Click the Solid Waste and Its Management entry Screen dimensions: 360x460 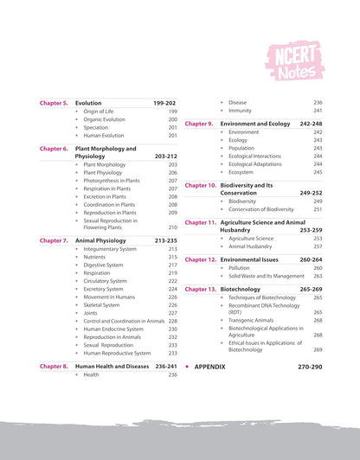point(269,277)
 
